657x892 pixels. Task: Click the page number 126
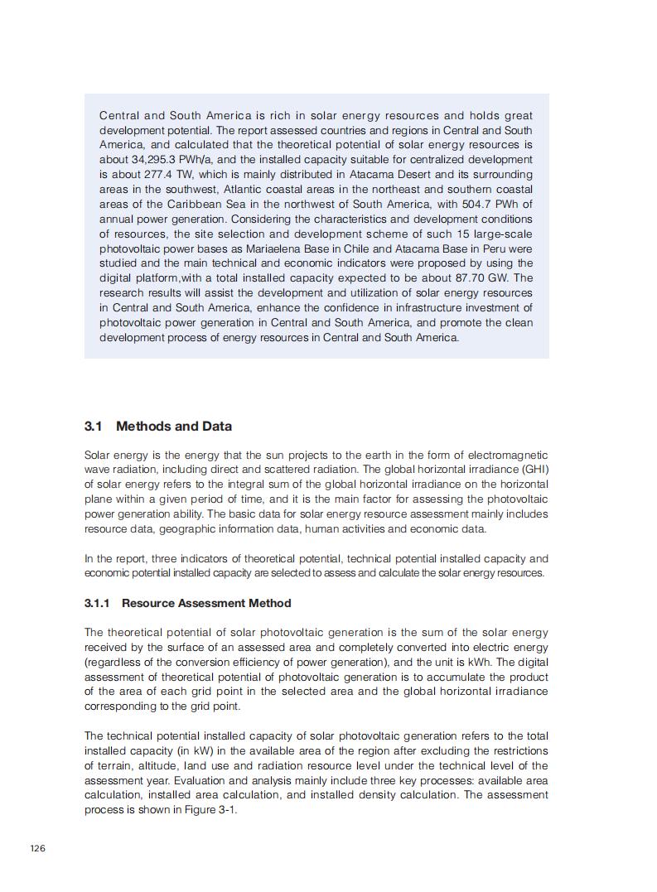[x=37, y=848]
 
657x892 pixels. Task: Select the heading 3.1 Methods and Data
[x=157, y=427]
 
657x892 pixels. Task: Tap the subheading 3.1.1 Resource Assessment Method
[x=187, y=603]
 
